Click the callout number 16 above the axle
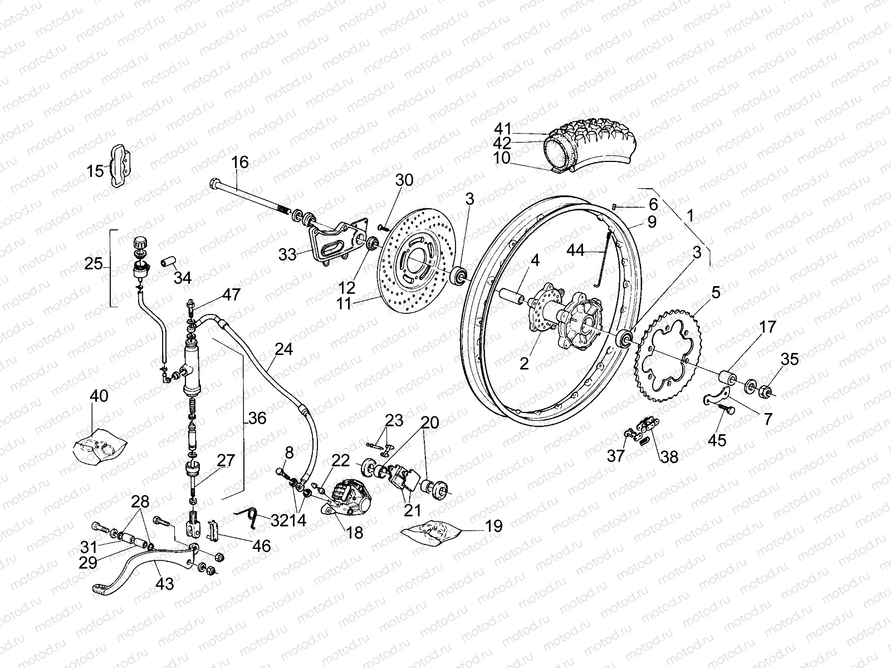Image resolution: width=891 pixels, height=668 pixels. tap(240, 163)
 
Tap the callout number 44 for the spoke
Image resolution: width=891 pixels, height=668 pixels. tap(576, 251)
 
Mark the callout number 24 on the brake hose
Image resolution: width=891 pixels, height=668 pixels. tap(283, 350)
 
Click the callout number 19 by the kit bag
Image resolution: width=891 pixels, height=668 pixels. tap(493, 525)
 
